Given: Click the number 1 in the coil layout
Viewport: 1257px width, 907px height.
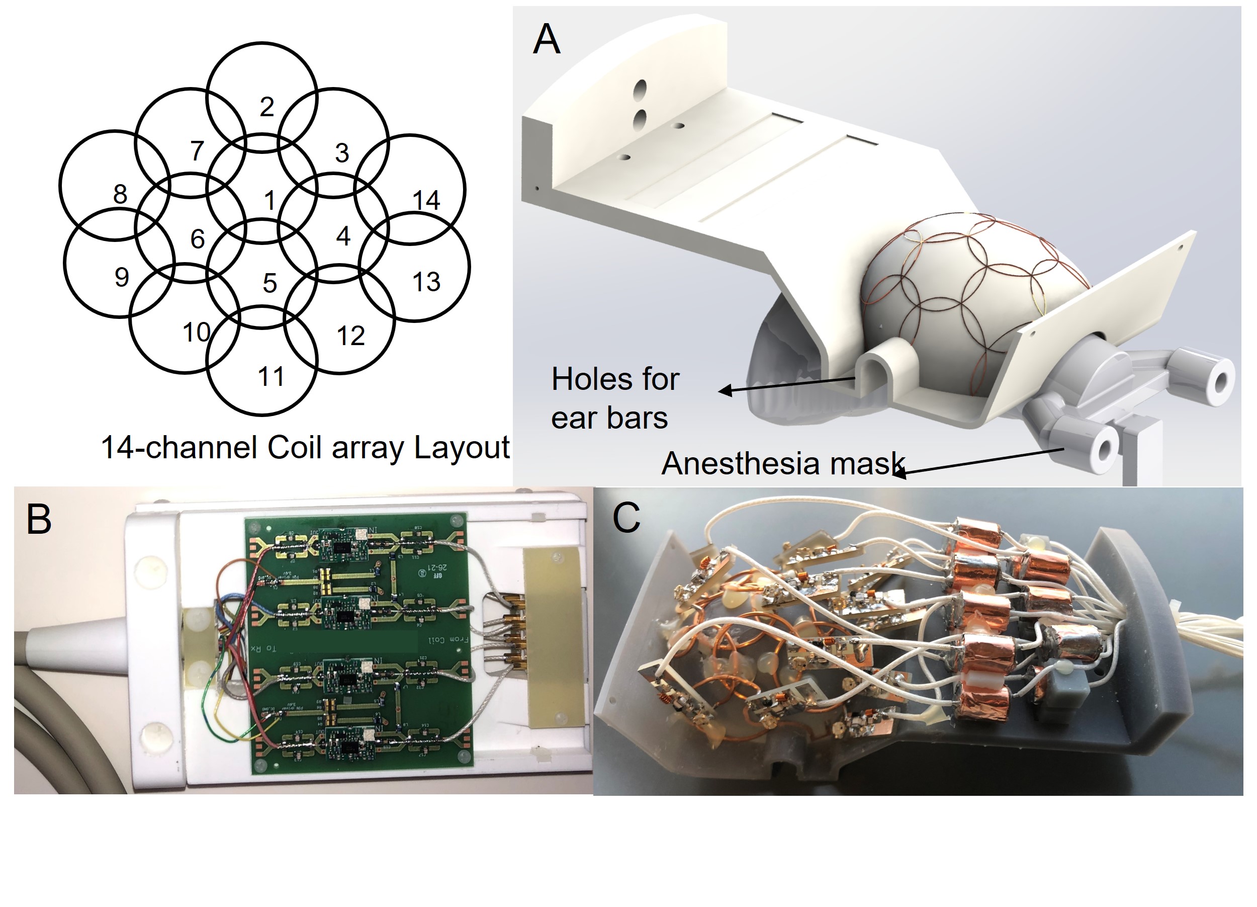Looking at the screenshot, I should coord(270,200).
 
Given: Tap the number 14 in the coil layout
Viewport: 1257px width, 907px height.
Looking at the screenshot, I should coord(426,200).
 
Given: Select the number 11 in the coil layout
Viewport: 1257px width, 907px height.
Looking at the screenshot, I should coord(271,377).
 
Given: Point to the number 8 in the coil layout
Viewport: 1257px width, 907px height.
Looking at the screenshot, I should coord(120,194).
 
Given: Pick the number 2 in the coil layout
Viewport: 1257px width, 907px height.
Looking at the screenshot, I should coord(266,107).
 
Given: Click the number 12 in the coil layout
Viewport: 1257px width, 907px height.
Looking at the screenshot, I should coord(350,336).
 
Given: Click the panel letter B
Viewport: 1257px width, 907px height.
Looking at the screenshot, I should coord(39,520).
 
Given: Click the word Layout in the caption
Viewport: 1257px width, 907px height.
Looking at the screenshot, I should coord(461,448).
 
